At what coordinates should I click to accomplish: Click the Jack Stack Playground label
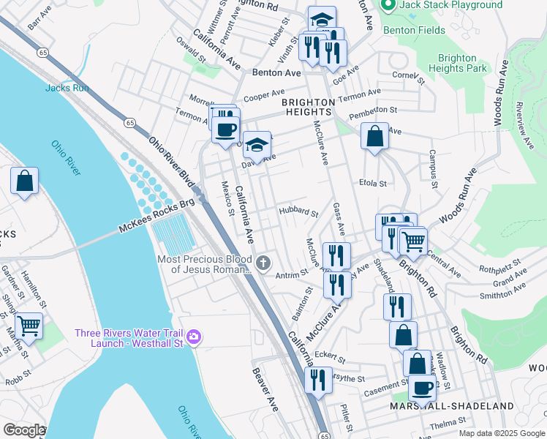pos(450,5)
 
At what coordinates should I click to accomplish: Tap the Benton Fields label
pos(424,31)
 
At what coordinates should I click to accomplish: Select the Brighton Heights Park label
pos(462,63)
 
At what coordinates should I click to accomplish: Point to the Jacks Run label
pos(67,88)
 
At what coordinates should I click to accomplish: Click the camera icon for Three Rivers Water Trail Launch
pos(194,337)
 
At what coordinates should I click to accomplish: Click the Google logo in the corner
pos(23,430)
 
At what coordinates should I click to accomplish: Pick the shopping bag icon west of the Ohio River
pos(24,181)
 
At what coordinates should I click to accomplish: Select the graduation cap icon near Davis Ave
pos(256,146)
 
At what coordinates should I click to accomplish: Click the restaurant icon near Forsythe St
pos(317,380)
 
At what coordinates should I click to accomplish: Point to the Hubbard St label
pos(298,213)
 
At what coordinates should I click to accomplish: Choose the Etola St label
pos(372,183)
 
